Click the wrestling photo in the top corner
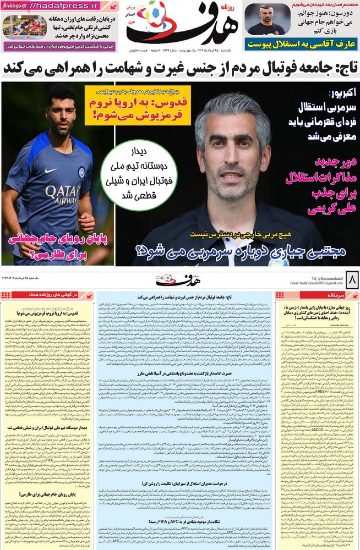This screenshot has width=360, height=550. [25, 28]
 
